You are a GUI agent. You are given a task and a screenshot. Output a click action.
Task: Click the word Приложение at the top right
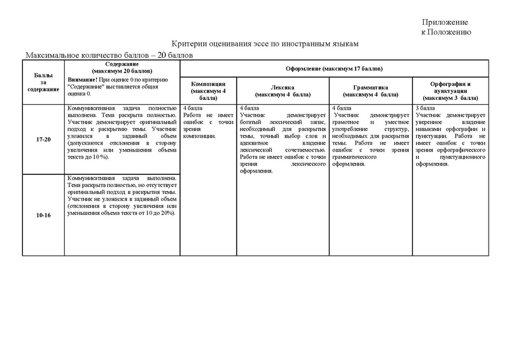445,22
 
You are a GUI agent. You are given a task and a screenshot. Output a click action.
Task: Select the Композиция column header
207,89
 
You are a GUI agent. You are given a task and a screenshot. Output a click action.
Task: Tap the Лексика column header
282,90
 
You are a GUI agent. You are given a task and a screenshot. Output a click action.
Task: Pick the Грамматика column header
370,90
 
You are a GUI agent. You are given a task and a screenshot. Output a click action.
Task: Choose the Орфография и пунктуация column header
449,90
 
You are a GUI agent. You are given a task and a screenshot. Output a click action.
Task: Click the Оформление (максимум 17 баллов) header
333,68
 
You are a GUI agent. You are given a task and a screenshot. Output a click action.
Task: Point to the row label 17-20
44,138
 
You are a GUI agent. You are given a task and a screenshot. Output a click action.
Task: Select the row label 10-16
44,215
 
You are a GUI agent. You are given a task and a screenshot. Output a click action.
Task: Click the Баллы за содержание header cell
44,81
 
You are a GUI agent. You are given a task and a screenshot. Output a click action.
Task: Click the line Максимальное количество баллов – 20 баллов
109,55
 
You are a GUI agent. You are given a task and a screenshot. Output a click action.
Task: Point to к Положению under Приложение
446,32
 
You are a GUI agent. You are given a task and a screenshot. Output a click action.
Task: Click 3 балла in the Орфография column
426,109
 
